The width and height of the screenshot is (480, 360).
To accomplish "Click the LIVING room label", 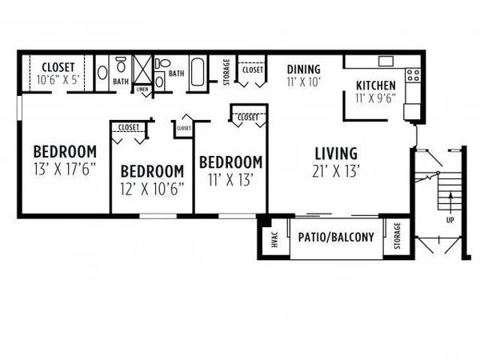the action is (x=336, y=154).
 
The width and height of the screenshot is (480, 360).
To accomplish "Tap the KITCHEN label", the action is (x=376, y=86).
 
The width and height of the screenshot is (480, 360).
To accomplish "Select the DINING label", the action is (x=304, y=70).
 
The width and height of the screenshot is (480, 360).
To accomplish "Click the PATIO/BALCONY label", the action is (x=336, y=238).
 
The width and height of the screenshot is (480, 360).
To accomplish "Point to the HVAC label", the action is (x=274, y=239).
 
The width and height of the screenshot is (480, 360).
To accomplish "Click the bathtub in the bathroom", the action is (x=198, y=73).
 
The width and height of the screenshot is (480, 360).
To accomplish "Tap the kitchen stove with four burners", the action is (x=413, y=75).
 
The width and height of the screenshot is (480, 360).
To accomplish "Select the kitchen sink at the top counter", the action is (x=386, y=62).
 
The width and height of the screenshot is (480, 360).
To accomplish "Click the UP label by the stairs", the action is (x=450, y=220).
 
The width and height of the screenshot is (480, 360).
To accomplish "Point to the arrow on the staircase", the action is (x=450, y=202).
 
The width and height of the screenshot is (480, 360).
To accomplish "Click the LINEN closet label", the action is (x=142, y=90).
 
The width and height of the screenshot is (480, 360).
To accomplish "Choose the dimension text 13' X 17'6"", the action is (x=65, y=169).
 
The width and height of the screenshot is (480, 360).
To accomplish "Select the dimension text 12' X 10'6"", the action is (x=152, y=189).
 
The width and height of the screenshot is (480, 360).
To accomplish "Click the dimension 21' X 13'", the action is (x=336, y=171).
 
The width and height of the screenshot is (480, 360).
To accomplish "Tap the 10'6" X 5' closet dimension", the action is (x=58, y=79).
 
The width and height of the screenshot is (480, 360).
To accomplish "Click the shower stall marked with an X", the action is (x=143, y=70).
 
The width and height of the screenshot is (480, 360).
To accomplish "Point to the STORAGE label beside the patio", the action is (x=397, y=236).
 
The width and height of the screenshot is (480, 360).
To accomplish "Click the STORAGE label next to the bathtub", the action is (x=226, y=72).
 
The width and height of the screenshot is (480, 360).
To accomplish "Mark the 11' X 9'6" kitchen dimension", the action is (x=376, y=98).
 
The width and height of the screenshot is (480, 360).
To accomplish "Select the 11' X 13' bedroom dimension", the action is (x=231, y=180).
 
